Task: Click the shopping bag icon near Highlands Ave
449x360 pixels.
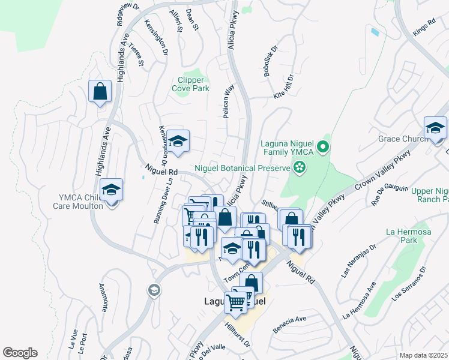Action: point(100,92)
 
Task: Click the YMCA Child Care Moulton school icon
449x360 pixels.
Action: point(111,190)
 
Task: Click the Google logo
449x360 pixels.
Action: point(20,353)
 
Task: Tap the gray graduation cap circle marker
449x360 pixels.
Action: point(154,290)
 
